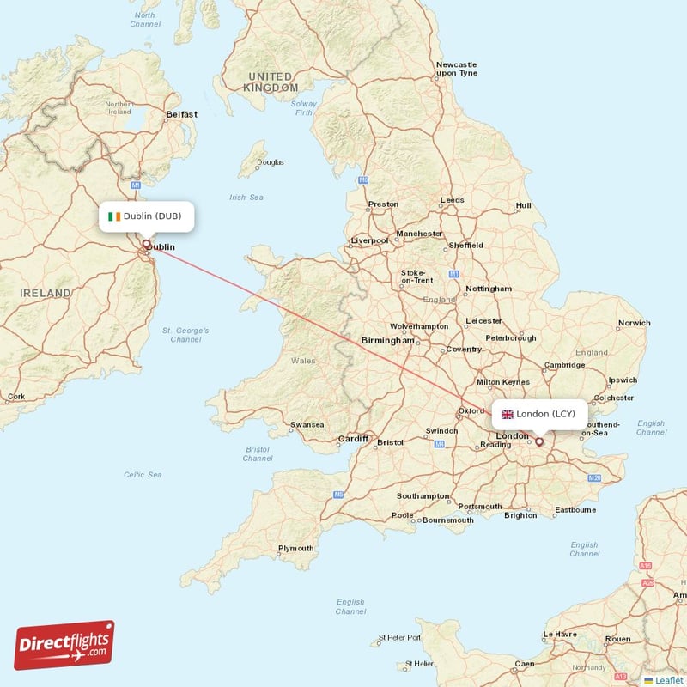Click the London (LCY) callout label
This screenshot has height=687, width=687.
tap(539, 414)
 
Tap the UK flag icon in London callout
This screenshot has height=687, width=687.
tap(508, 414)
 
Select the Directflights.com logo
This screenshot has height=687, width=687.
tap(64, 646)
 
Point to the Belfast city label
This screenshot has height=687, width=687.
tap(181, 114)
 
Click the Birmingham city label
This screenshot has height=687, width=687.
tap(387, 341)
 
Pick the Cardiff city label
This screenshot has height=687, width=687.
tap(352, 438)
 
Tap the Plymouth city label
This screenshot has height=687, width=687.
tap(295, 549)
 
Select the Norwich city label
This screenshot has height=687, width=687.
tap(634, 324)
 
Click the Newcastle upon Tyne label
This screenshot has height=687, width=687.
tap(456, 69)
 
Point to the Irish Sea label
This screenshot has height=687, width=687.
tap(246, 198)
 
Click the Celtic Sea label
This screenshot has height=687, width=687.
tap(143, 475)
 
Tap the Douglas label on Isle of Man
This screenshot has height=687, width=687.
tap(270, 162)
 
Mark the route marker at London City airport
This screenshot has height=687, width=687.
tap(539, 442)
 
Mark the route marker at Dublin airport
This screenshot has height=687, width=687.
tap(146, 244)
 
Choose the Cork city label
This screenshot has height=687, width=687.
tap(15, 397)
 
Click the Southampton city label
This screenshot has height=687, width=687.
tap(423, 496)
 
